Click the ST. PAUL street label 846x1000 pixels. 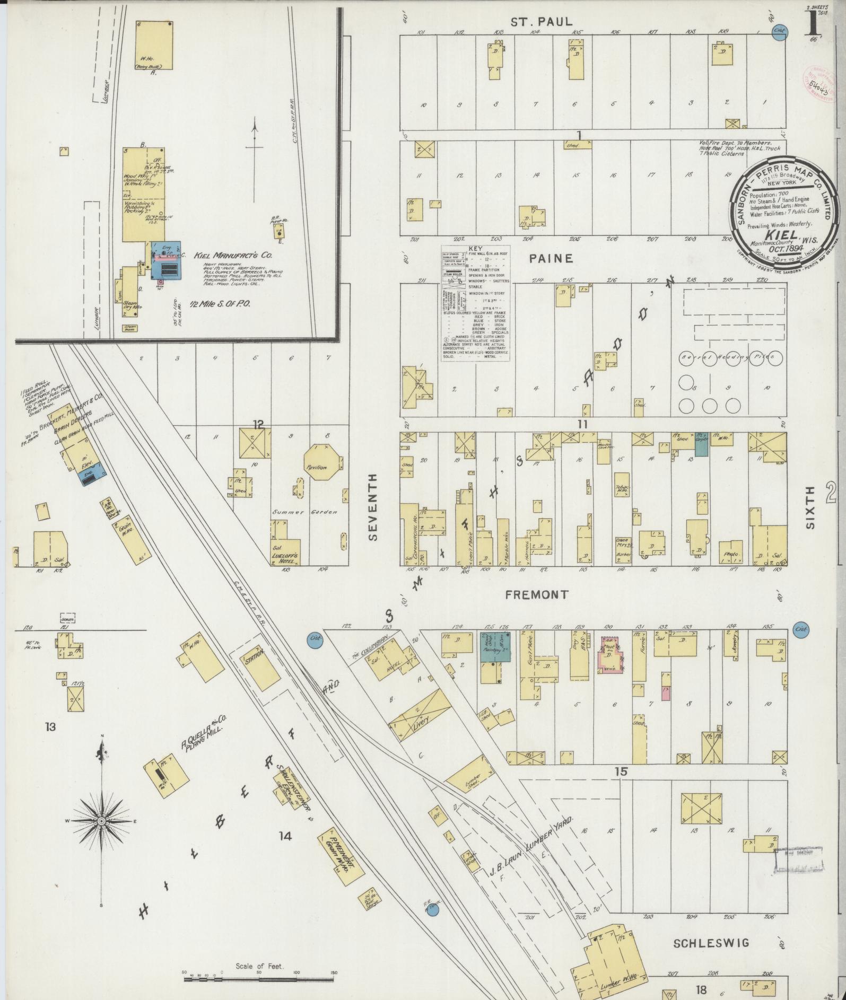tap(542, 22)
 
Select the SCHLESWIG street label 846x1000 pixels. tap(711, 943)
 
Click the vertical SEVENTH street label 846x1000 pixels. tap(373, 507)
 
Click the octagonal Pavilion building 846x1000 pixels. tap(321, 462)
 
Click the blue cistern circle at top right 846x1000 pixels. tap(779, 31)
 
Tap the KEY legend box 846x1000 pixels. tap(476, 303)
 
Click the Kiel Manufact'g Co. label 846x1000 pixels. tap(233, 255)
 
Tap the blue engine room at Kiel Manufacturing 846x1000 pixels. tap(166, 260)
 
